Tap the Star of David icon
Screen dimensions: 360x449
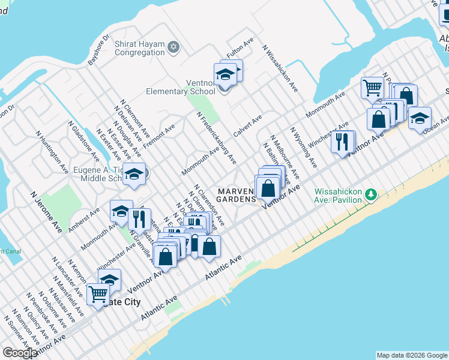[173, 47]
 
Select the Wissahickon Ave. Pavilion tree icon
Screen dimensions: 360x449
[372, 194]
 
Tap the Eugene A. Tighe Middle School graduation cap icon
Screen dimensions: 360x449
[134, 175]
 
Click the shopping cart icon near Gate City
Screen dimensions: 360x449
[98, 295]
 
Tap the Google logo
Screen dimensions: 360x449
[20, 353]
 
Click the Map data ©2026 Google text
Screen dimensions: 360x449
[412, 355]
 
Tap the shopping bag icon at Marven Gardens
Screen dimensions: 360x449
[268, 188]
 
